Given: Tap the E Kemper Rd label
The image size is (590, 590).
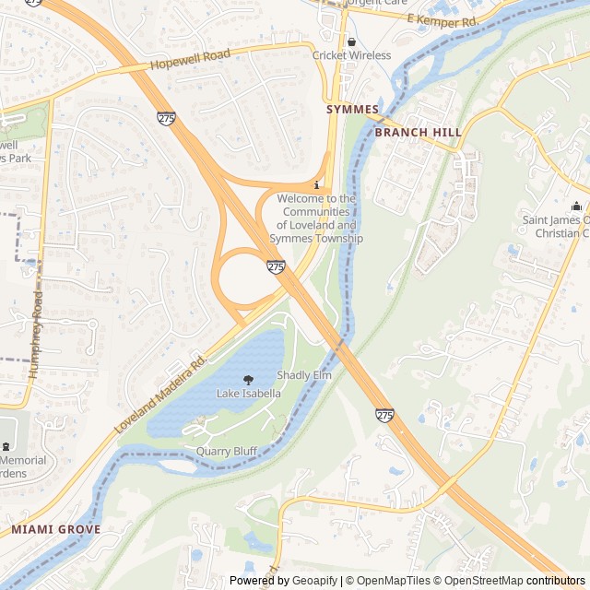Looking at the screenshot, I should coord(444,20).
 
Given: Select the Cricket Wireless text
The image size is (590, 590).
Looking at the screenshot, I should coord(351,55).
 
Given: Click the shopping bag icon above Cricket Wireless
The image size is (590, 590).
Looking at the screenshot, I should coord(351,41).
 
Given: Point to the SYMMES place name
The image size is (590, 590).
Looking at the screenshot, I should coord(352,110).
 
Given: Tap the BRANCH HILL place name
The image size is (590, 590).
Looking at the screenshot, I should coord(418,133).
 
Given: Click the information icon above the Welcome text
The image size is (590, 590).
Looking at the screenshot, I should coord(317,185).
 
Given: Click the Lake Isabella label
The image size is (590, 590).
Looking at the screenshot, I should coord(248,394).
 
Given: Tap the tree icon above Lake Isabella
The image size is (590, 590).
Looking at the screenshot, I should coord(248,380).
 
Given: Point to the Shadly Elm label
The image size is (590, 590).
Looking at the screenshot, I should coord(303,375).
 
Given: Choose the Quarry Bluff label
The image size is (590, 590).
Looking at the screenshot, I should coord(226,452).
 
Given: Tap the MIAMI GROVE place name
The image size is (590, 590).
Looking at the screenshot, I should coord(55,530).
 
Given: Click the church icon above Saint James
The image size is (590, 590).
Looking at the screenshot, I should coord(576,206).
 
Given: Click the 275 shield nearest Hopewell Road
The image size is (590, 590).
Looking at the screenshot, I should coord(166,118).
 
